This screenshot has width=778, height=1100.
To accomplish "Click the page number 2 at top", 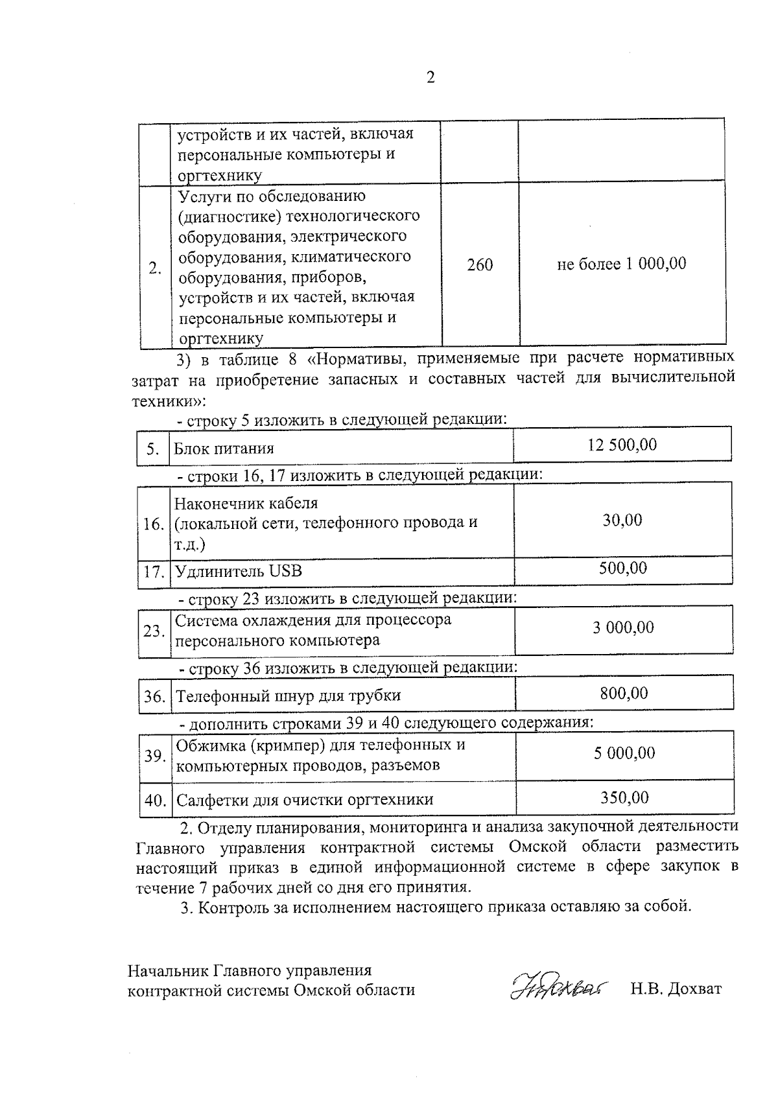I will [430, 78].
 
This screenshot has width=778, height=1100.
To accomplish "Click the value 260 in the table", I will [480, 264].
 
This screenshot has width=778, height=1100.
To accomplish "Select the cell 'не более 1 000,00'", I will [622, 264].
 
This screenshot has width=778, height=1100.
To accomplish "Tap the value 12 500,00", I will [622, 445].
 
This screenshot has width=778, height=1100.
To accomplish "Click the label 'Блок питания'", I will [224, 449].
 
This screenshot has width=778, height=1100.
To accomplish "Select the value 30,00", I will [622, 520].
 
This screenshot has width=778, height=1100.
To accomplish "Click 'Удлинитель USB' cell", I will [239, 572].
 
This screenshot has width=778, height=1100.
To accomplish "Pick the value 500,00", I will [622, 568].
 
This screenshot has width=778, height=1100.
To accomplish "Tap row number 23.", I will [154, 631].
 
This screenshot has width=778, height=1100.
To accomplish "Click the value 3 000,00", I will [623, 627].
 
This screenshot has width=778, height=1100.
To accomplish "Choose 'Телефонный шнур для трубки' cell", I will [289, 696].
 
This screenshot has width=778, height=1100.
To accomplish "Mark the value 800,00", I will [624, 693].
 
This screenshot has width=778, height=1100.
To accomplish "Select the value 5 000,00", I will [624, 753].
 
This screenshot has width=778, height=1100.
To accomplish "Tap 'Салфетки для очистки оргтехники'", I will [305, 800].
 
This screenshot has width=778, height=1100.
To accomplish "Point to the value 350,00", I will [624, 797].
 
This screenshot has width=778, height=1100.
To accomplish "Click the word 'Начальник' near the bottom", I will [168, 970].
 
